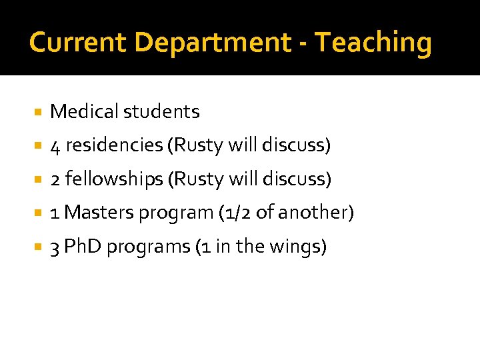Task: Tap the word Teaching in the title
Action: (x=373, y=43)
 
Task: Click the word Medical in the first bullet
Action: (x=84, y=111)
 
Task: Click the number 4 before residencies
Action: (x=55, y=145)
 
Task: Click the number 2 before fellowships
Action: (x=55, y=179)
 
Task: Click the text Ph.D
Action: (x=83, y=247)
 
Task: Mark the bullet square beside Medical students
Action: (x=39, y=112)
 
